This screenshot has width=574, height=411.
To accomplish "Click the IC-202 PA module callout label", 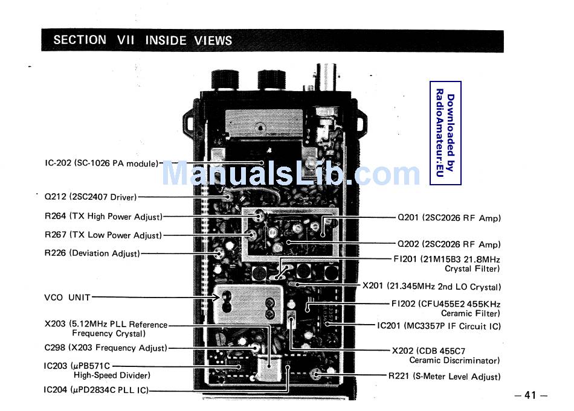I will [x=102, y=164].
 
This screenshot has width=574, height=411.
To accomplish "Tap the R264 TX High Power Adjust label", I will [x=103, y=216].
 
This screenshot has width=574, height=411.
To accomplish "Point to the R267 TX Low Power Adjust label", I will [x=103, y=235].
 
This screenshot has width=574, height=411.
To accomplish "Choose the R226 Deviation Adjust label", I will [x=92, y=253].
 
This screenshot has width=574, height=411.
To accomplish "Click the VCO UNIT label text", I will [x=67, y=297].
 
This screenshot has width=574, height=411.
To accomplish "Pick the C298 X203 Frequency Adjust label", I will [x=106, y=348].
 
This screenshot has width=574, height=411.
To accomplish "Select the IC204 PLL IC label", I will [x=96, y=390].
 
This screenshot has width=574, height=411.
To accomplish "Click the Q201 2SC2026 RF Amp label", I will [x=449, y=218].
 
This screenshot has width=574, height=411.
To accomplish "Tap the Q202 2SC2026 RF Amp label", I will [x=449, y=244].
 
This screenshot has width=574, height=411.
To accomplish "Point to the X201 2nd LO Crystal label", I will [x=431, y=287].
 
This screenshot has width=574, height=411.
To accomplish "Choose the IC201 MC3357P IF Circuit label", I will [x=439, y=326].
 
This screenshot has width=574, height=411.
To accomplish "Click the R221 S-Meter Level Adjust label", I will [x=444, y=377].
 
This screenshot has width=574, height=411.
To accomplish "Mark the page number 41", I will [x=530, y=395].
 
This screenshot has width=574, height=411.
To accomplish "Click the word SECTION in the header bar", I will [x=80, y=40].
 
